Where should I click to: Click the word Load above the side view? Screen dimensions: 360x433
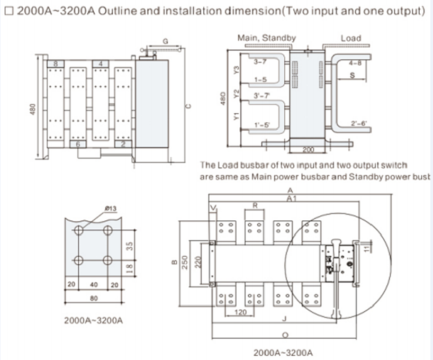pyautogui.click(x=350, y=38)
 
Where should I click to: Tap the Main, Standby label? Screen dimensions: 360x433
pyautogui.click(x=266, y=38)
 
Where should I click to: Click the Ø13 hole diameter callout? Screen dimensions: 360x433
pyautogui.click(x=110, y=209)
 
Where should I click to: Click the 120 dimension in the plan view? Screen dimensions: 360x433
pyautogui.click(x=240, y=313)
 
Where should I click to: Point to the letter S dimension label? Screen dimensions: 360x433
pyautogui.click(x=352, y=76)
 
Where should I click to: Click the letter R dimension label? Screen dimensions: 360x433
pyautogui.click(x=255, y=204)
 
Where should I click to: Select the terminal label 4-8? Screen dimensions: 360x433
pyautogui.click(x=355, y=63)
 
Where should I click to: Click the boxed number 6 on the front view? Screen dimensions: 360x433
pyautogui.click(x=78, y=144)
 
